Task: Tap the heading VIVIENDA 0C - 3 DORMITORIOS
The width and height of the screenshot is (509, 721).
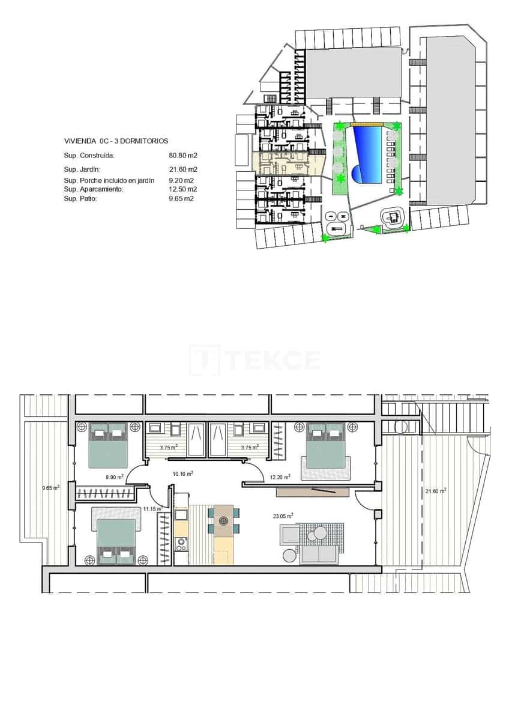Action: click(108, 141)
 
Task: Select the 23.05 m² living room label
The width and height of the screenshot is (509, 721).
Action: click(283, 516)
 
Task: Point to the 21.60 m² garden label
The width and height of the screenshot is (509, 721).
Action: click(436, 491)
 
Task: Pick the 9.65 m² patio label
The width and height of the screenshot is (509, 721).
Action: click(50, 488)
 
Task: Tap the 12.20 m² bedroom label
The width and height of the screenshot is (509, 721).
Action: click(280, 477)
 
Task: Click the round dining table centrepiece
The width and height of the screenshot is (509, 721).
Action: click(224, 521)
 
